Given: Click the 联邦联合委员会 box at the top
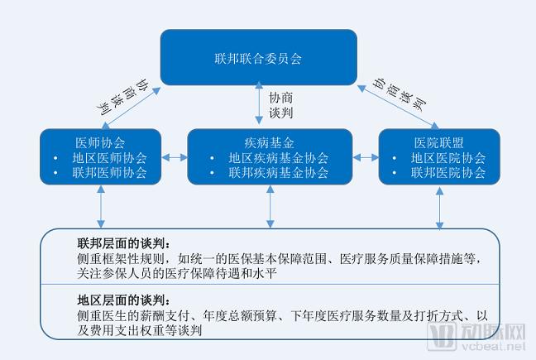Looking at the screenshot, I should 258,57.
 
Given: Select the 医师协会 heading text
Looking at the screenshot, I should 100,142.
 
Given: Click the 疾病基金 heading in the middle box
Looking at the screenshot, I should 270,142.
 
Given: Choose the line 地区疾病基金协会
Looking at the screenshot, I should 278,157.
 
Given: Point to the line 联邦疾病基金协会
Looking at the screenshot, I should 278,173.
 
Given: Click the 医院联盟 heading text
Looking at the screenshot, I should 438,142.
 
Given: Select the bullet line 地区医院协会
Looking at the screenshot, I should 447,157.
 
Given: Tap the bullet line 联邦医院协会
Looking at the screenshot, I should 447,173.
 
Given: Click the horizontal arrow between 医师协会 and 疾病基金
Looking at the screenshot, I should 175,156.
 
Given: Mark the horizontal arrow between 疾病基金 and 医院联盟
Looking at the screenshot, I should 365,156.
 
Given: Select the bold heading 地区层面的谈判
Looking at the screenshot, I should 124,300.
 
